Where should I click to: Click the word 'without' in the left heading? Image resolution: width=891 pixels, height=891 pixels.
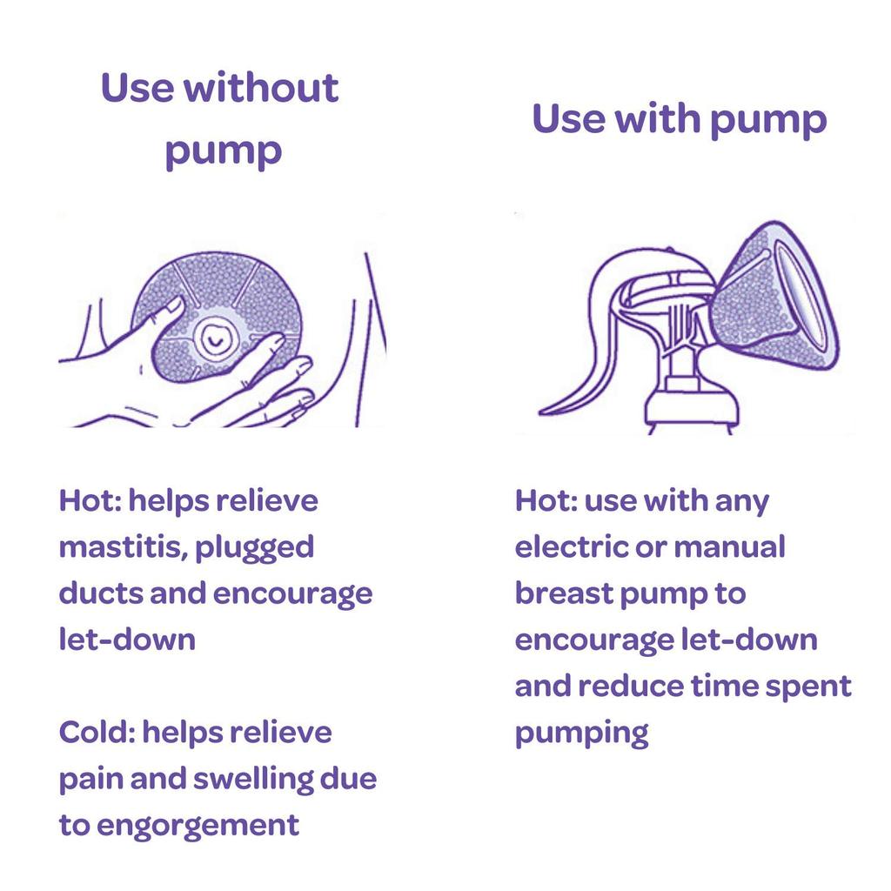(x=261, y=88)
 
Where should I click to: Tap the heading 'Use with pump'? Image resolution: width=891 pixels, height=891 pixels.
(x=679, y=120)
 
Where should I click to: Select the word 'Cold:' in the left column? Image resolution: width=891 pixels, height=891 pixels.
(x=97, y=731)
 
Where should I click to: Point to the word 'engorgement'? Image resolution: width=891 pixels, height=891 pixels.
(x=198, y=826)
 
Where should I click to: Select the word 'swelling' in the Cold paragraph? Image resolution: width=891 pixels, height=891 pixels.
(x=253, y=780)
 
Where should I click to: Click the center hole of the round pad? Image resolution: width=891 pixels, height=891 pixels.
(x=215, y=339)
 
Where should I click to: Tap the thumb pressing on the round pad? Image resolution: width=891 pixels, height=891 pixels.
(x=163, y=319)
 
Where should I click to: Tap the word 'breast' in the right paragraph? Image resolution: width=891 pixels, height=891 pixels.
(x=564, y=593)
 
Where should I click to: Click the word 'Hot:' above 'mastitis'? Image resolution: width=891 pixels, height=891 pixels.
(x=90, y=500)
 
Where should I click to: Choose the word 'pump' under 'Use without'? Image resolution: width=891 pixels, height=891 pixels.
(x=224, y=152)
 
